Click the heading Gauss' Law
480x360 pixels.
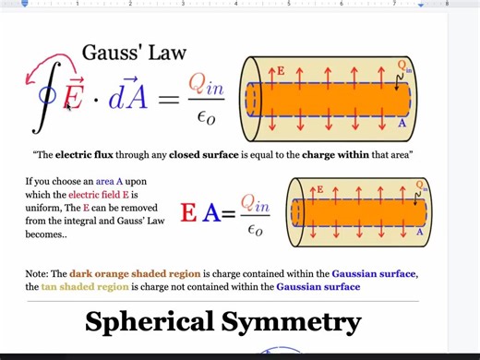point(135,54)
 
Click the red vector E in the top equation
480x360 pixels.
point(72,95)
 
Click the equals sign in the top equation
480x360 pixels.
point(167,97)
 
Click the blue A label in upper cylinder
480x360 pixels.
point(402,122)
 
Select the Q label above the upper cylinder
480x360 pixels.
point(403,65)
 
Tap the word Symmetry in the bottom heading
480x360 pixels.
point(294,322)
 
